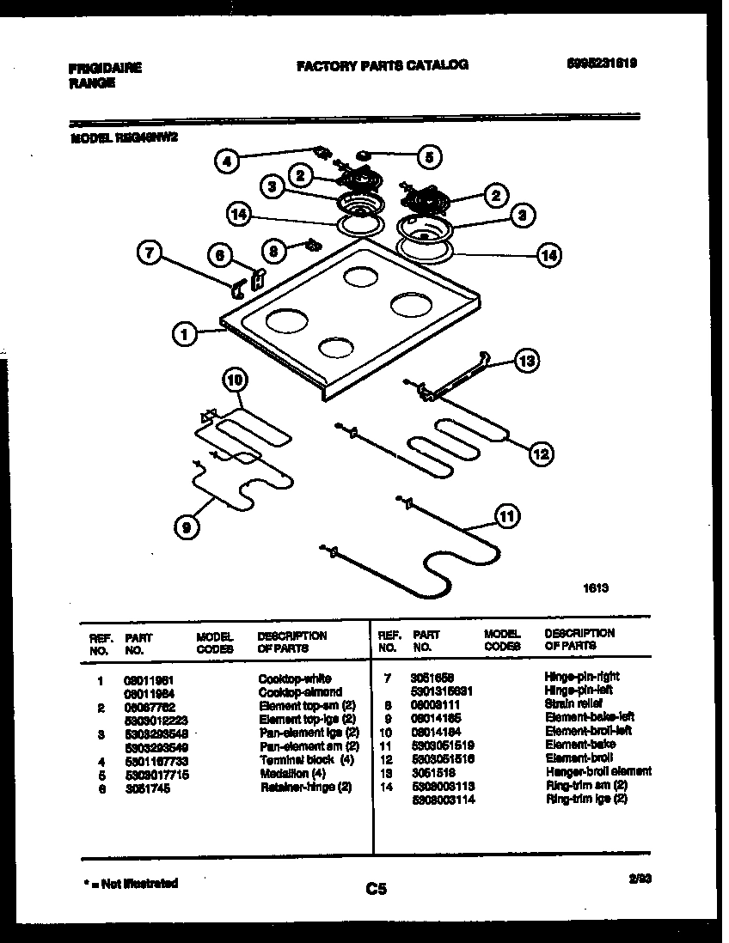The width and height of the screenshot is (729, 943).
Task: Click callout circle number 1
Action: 185,334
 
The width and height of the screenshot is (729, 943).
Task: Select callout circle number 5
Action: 429,156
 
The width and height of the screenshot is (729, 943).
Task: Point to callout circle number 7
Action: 150,252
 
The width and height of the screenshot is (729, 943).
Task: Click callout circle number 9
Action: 186,527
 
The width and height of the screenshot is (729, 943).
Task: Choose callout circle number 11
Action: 508,516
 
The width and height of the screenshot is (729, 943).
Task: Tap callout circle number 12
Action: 540,454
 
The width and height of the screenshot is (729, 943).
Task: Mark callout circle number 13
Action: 526,362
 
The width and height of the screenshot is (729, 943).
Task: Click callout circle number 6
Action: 220,255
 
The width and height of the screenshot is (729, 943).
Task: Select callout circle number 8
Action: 273,251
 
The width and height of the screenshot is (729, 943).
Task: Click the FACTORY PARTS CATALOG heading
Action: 383,65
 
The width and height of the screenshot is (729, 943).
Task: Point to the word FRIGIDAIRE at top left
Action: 104,68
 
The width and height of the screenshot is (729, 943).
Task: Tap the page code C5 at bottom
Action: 377,890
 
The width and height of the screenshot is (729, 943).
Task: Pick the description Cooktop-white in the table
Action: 295,678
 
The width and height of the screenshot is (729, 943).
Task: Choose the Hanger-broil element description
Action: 598,771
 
